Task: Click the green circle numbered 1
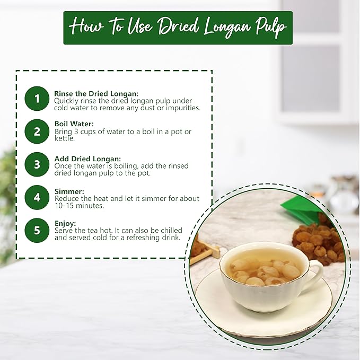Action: click(37, 99)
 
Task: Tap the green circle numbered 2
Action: click(37, 131)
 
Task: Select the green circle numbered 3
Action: click(37, 164)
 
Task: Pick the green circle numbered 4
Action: click(37, 197)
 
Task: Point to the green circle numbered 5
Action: click(37, 230)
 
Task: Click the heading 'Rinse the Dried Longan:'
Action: click(96, 94)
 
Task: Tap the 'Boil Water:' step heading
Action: click(74, 124)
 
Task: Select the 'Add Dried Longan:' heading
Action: click(87, 159)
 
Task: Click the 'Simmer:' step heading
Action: click(69, 191)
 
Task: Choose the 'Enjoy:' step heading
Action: click(65, 223)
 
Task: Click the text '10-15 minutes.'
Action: click(79, 206)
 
